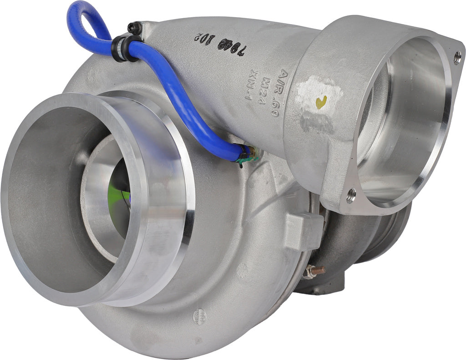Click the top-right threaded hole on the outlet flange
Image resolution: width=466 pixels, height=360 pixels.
click(457, 57)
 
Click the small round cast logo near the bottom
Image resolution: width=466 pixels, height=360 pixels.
click(199, 315)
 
